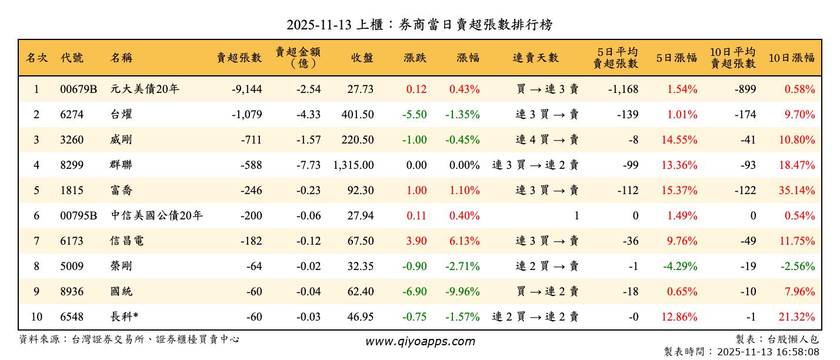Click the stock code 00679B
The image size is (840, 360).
click(x=78, y=89)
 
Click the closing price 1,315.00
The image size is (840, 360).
click(x=353, y=165)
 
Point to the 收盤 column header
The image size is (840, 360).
click(x=362, y=58)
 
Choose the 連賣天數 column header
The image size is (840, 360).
click(x=535, y=58)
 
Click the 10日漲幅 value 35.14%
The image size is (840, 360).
click(x=797, y=191)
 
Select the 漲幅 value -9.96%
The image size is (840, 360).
click(x=464, y=292)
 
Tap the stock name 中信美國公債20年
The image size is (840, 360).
click(x=156, y=216)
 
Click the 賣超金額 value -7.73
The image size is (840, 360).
click(x=308, y=165)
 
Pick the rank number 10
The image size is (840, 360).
click(x=36, y=317)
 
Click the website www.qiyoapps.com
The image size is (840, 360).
click(x=420, y=342)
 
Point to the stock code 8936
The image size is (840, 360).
click(x=72, y=292)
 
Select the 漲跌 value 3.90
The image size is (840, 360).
click(x=416, y=241)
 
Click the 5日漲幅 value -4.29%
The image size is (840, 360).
click(x=680, y=266)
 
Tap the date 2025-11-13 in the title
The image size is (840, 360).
click(x=319, y=25)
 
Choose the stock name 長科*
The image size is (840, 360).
click(x=124, y=317)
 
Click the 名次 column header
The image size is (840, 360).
click(x=36, y=58)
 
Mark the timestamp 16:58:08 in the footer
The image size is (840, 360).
click(x=797, y=352)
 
